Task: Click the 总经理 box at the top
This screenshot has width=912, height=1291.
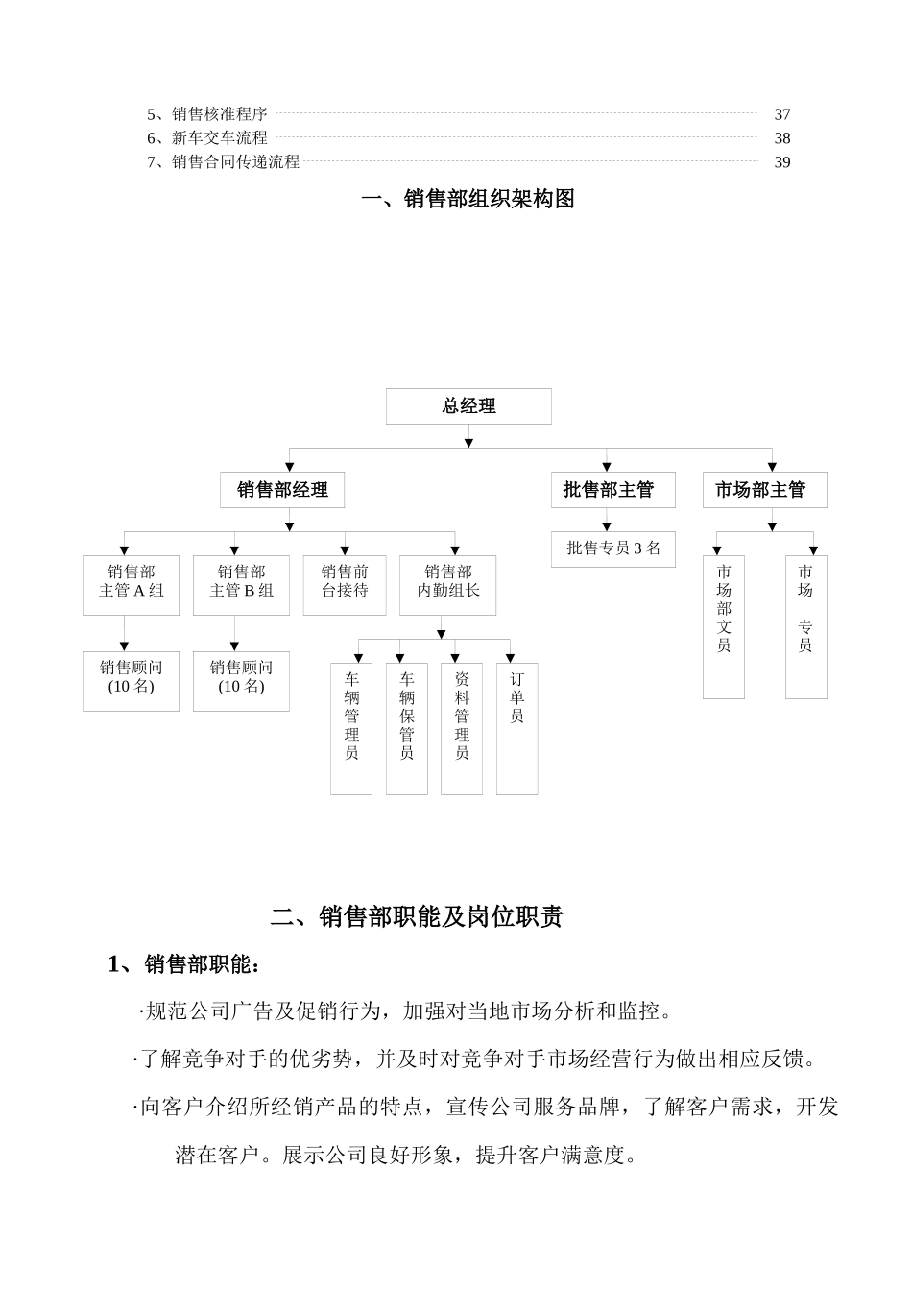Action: click(468, 406)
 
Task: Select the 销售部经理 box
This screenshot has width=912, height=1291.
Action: click(282, 490)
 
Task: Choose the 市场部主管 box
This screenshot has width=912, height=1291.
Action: click(764, 490)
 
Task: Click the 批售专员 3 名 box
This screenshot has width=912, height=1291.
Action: click(612, 548)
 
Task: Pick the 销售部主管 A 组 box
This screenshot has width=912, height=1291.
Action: click(131, 585)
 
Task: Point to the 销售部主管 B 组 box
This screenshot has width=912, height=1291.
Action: click(241, 585)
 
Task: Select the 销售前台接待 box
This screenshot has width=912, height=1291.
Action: click(345, 585)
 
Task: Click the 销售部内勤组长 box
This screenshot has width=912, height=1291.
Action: click(447, 585)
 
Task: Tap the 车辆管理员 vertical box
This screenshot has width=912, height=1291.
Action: click(351, 728)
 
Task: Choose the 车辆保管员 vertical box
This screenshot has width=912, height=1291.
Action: click(407, 728)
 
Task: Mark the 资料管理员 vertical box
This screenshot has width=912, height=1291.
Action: click(462, 728)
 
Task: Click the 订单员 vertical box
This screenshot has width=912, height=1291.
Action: click(516, 728)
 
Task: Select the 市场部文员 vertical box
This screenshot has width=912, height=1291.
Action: click(724, 626)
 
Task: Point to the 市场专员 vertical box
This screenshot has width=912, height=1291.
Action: click(805, 626)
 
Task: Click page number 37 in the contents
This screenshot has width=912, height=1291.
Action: click(782, 114)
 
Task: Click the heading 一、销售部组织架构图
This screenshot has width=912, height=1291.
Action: click(468, 199)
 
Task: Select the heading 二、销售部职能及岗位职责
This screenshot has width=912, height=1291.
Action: click(416, 917)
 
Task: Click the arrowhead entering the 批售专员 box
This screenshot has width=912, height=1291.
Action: click(607, 526)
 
